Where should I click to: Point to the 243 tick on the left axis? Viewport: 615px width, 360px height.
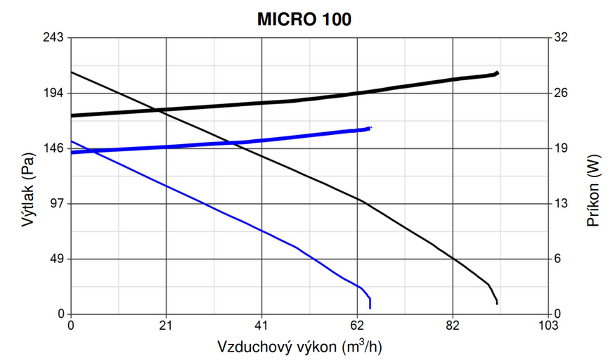pos(55,37)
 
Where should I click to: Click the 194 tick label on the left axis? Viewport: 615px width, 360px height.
pos(55,93)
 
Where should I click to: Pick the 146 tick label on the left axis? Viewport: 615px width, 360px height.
pos(55,148)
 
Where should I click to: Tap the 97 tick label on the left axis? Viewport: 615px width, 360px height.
pos(58,204)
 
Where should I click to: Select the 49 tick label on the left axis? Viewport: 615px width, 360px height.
pos(58,259)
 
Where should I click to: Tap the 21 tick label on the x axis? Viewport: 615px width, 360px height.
pos(166,326)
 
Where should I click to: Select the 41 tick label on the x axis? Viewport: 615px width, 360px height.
pos(261,326)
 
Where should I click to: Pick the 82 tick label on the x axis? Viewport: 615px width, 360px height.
pos(453,326)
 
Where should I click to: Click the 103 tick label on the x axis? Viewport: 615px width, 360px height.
pos(548,326)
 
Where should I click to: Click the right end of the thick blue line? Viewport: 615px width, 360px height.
pos(370,128)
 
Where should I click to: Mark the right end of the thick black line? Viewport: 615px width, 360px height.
pos(497,72)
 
